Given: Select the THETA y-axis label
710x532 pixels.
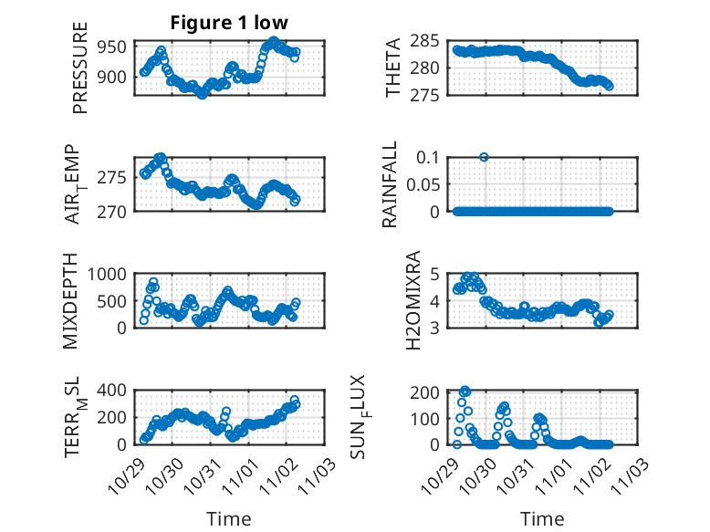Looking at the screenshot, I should point(393,68).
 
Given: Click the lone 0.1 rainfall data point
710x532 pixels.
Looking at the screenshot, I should point(484,157).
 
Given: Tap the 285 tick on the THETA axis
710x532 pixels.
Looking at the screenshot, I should point(428,40).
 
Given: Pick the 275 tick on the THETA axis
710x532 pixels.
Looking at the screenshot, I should point(428,95).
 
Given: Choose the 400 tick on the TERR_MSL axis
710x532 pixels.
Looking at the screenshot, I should point(116,390).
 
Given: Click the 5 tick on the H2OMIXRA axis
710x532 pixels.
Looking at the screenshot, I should point(436,274).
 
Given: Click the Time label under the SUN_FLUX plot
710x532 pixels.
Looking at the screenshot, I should point(542,518).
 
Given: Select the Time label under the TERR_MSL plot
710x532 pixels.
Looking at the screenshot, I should point(228,518).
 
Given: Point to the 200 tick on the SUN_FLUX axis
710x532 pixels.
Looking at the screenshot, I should point(428,392).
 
